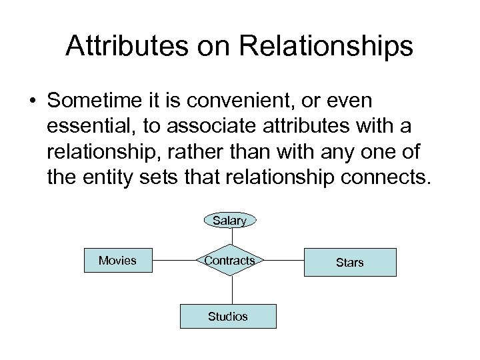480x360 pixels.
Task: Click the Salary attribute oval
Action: click(x=230, y=220)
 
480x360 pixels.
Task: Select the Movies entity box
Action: click(x=118, y=261)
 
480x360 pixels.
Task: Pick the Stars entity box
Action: click(x=349, y=262)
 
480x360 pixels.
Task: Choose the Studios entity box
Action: click(x=227, y=316)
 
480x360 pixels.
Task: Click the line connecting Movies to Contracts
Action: click(x=174, y=261)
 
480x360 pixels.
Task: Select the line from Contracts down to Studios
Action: click(x=231, y=289)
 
